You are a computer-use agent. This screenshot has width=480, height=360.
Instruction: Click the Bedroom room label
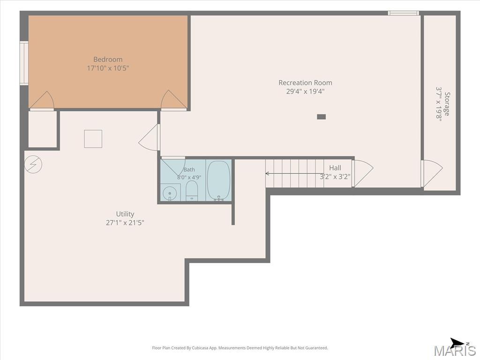108,60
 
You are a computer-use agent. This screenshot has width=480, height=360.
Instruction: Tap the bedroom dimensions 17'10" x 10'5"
108,68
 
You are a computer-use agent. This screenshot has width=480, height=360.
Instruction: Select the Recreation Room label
305,82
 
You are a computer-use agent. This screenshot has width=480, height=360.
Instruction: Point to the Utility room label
125,214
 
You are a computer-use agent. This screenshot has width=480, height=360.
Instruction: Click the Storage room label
447,104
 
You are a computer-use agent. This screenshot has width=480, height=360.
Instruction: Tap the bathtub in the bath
218,181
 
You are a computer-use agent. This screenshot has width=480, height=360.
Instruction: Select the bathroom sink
169,193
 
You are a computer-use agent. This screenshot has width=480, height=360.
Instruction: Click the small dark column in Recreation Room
321,117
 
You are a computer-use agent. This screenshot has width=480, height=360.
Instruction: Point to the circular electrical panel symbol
33,165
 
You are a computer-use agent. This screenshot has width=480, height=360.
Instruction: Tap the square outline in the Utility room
93,139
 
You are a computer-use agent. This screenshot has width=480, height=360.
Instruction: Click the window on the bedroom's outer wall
24,63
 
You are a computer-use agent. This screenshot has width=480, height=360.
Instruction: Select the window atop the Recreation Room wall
403,13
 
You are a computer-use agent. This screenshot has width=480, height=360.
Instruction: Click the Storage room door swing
432,173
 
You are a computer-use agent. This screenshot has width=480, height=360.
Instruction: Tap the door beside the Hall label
362,173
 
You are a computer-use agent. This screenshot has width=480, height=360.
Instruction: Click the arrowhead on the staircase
267,173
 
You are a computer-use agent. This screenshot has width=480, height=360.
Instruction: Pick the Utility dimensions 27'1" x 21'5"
125,223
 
